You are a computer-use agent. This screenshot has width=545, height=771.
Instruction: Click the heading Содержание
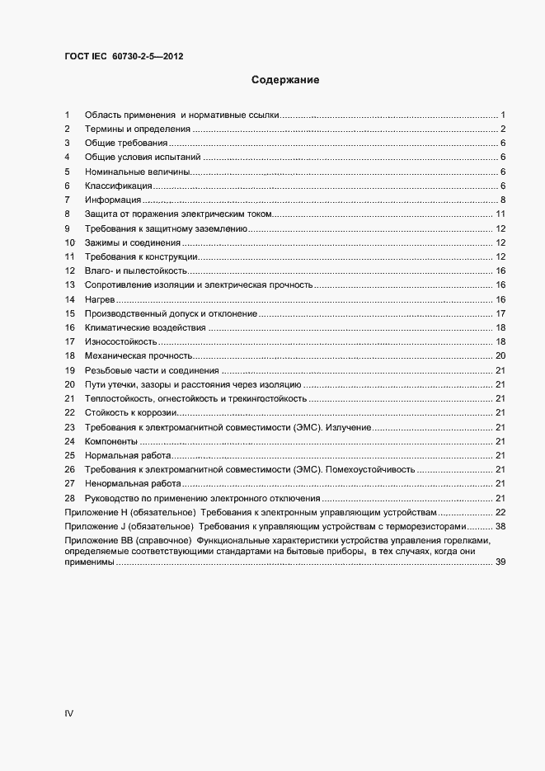(284, 81)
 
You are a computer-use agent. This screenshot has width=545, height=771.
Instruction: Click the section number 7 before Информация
(67, 200)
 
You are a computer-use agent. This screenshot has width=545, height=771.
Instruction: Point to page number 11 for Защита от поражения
(500, 214)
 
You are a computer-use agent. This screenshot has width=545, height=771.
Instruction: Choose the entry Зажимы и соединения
(133, 243)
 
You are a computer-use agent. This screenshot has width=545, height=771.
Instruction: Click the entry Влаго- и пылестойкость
(137, 271)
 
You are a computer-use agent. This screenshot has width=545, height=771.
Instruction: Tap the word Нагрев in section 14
(99, 299)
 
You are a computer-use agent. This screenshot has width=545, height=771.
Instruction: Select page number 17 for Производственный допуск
(500, 314)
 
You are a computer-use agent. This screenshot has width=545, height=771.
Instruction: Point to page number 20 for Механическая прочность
(500, 356)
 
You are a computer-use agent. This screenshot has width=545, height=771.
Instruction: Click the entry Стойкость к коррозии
(131, 413)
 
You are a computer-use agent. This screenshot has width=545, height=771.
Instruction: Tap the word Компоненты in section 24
(111, 441)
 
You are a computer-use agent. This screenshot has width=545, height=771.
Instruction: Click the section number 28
(69, 498)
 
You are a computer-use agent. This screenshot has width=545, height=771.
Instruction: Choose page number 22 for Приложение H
(500, 512)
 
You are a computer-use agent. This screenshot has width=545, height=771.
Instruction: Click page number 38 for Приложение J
(500, 526)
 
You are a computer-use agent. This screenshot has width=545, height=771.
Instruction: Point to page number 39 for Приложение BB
(500, 562)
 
